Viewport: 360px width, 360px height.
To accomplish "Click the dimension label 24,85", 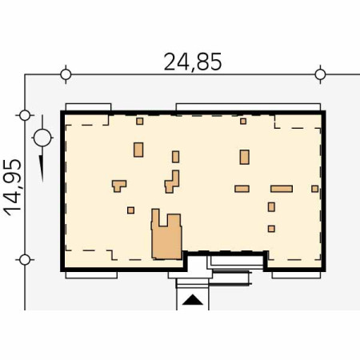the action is [193, 62].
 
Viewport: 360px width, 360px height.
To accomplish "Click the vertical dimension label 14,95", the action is [12, 187].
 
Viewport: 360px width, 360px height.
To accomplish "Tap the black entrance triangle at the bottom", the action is [193, 300].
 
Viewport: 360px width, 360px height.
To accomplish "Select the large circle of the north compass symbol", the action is [42, 138].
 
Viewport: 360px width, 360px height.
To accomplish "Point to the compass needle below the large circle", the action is [42, 169].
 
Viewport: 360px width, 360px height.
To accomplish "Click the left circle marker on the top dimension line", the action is [66, 74].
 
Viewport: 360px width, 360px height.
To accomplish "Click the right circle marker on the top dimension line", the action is [320, 74].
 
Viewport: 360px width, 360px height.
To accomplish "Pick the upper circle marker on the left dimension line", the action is [25, 115].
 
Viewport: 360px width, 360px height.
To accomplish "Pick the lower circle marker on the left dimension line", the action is [25, 260].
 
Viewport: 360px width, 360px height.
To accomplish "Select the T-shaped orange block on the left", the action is [119, 186].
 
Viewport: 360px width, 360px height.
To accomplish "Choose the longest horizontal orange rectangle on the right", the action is [282, 189].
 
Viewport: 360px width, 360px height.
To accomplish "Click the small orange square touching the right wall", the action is [315, 189].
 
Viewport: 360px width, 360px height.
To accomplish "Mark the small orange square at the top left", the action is [140, 122].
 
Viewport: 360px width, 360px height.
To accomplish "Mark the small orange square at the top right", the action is [243, 122].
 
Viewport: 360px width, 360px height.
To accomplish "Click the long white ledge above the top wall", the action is [248, 107].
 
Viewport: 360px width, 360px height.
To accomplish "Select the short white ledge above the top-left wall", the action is [88, 107].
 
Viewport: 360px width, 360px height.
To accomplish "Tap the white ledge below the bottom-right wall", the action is [296, 275].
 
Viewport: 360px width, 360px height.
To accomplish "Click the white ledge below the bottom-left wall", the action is [91, 275].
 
